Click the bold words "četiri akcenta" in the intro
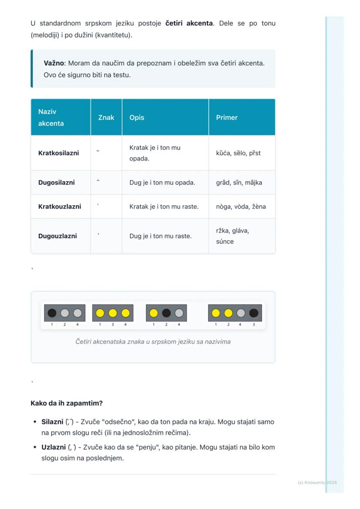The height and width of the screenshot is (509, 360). pos(189,23)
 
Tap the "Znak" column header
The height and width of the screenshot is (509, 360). pos(106,117)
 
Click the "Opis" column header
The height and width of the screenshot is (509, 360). pos(137,117)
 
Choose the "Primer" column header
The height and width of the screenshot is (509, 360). pos(227,117)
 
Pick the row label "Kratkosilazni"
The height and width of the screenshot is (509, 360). pos(59,153)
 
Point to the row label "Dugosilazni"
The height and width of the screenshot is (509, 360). pos(57,183)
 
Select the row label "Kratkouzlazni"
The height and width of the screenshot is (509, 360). pos(60,206)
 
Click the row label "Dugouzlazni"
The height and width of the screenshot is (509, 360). pos(57,236)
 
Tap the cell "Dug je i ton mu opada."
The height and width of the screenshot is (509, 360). pos(162,183)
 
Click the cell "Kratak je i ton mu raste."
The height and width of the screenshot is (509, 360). pos(164,206)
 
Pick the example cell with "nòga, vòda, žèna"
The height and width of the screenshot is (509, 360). pos(241,206)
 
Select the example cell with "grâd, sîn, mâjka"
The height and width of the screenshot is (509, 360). pos(239,183)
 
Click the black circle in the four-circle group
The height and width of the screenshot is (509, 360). pos(253,313)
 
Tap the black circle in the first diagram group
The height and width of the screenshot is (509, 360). pos(52,313)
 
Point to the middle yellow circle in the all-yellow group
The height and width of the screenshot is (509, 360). pos(113,313)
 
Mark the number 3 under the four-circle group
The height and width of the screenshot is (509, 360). pos(253,324)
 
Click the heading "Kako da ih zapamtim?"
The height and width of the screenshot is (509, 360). pos(67,403)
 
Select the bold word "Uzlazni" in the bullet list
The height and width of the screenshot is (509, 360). pos(53,447)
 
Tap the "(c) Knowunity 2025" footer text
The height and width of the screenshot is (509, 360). pos(317,482)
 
